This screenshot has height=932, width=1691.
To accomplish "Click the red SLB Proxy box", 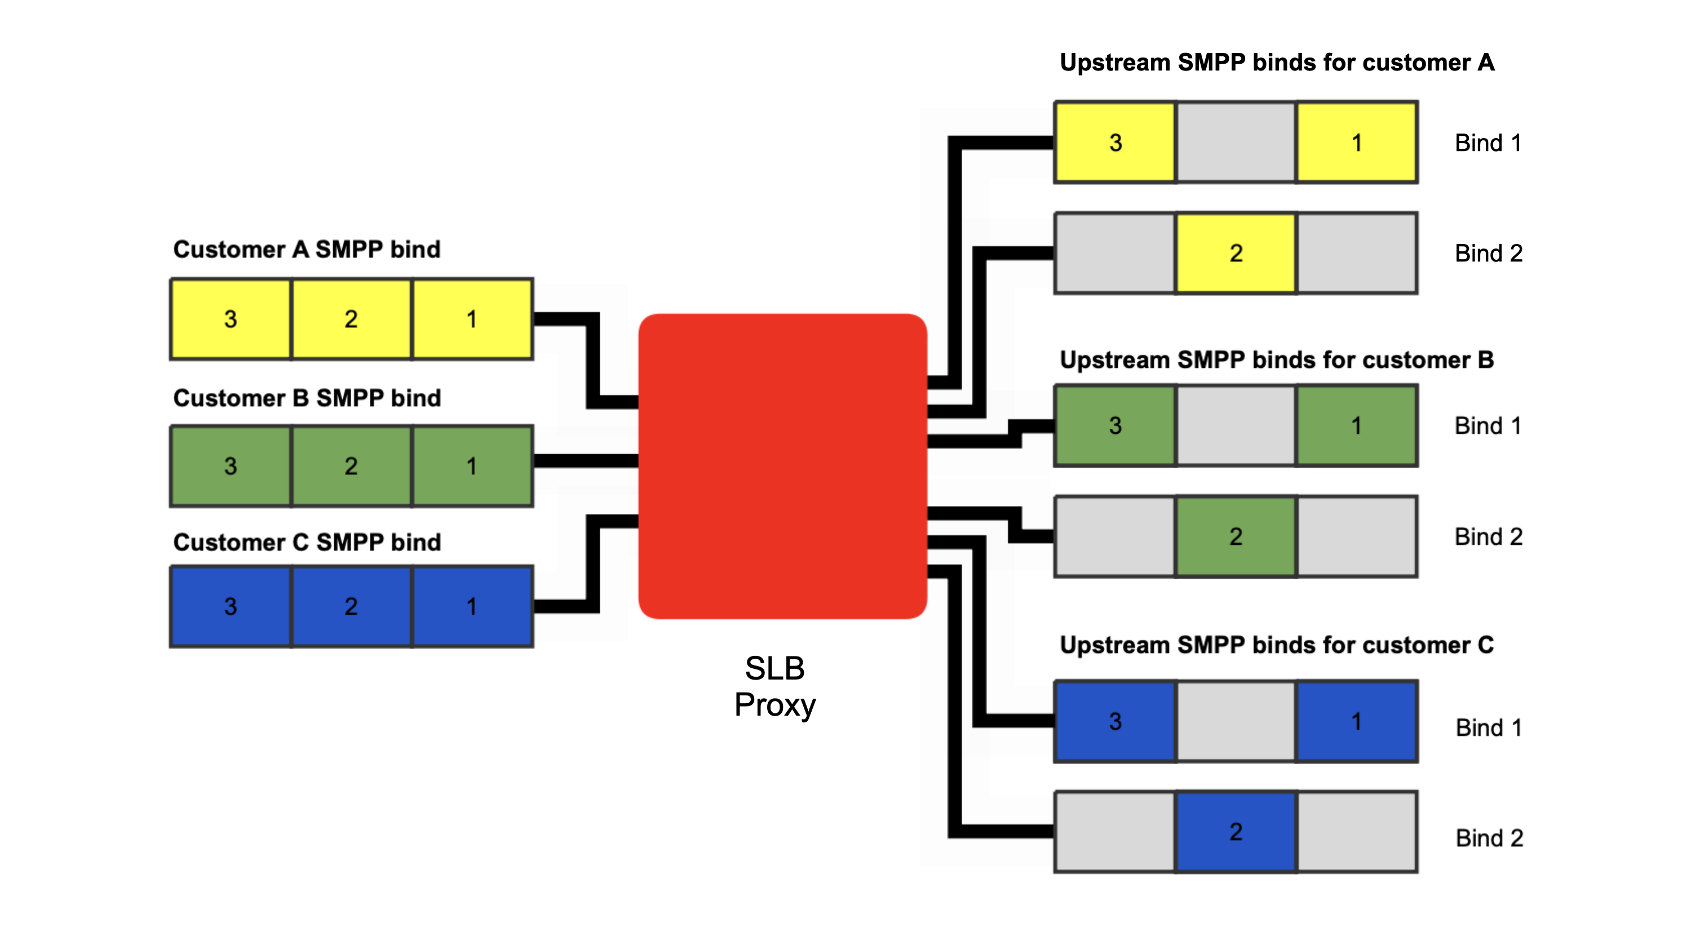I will pos(782,466).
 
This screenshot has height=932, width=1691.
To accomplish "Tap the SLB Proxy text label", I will pos(774,686).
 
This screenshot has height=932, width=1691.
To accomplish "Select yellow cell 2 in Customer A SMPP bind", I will pos(351,319).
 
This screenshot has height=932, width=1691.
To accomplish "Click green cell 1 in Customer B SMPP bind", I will pos(471,466).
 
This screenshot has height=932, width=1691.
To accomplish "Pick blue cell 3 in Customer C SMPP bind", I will pos(231,606).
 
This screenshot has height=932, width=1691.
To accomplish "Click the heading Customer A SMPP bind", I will pos(307,250).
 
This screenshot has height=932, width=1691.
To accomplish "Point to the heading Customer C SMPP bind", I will pos(307,542).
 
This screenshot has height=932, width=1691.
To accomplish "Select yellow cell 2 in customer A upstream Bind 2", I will pos(1236,252).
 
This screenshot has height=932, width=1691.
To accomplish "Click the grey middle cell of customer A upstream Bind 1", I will pos(1236,143).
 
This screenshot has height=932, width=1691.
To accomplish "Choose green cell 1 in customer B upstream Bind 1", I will pos(1356,425).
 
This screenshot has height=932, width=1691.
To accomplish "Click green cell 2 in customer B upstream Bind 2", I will pos(1236,536).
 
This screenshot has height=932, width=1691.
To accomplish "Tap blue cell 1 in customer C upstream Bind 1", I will pos(1356,721).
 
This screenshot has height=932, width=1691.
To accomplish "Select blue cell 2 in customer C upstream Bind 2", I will pos(1236,832).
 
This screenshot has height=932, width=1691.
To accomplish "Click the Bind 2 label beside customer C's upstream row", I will pos(1489,838).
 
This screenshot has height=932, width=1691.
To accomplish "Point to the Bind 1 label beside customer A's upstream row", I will pos(1488,143).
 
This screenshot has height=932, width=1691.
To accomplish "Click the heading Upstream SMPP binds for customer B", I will pos(1276,360).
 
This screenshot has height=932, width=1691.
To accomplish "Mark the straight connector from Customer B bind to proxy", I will pos(586,461).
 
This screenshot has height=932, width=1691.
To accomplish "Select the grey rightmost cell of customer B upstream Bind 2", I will pos(1356,536).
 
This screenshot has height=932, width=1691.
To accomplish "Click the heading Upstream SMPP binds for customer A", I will pos(1276,63).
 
